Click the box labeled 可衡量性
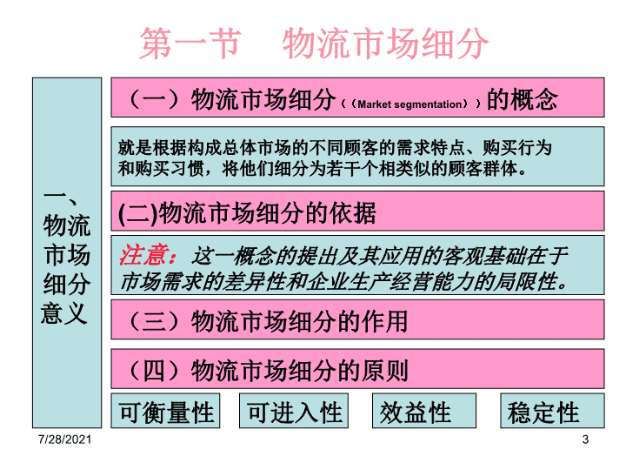(x=165, y=411)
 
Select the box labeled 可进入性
(x=294, y=411)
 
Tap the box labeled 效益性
(x=424, y=411)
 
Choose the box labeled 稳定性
(x=553, y=411)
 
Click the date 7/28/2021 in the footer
(x=64, y=440)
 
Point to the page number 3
(x=585, y=440)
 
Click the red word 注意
(x=143, y=255)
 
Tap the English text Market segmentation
(x=410, y=104)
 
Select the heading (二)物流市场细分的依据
(x=247, y=212)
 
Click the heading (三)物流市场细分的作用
(x=268, y=321)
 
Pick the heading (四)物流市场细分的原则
(x=268, y=371)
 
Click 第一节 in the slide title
(x=190, y=44)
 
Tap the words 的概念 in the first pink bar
(x=523, y=99)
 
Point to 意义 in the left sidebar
(x=63, y=313)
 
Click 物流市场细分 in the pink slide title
(x=386, y=44)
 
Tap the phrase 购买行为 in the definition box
(x=517, y=148)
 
